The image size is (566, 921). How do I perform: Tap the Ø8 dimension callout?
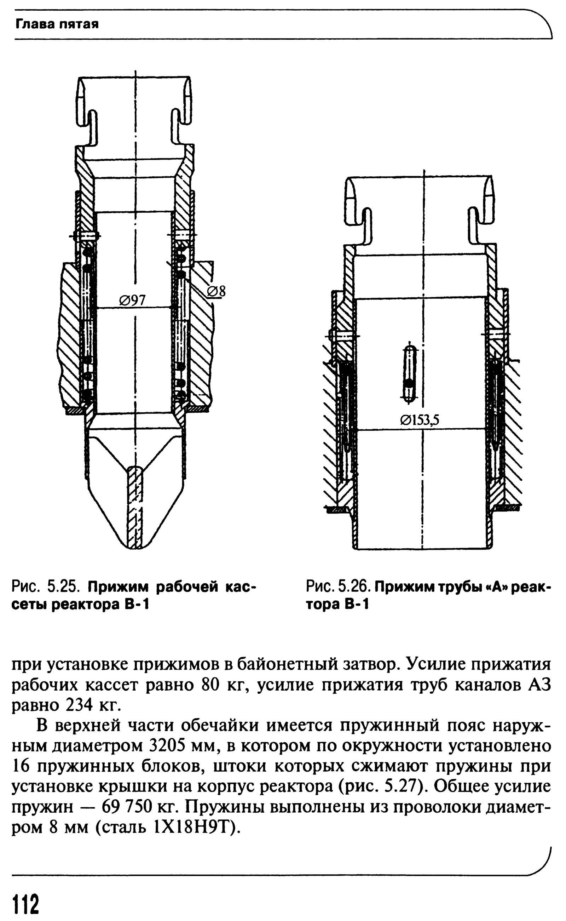point(216,291)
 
